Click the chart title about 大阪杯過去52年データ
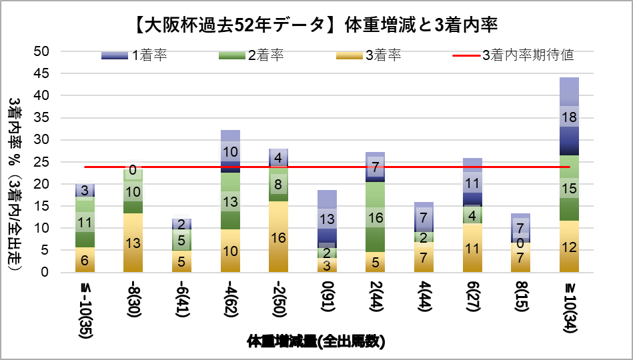pos(316,25)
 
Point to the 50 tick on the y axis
pos(43,51)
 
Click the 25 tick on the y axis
pos(43,162)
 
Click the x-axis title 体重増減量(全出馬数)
pos(316,342)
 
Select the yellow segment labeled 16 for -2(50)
pos(278,237)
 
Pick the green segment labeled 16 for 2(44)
pos(375,217)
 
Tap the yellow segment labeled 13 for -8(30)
pos(133,243)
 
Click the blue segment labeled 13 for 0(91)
pos(327,218)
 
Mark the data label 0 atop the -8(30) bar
pos(133,171)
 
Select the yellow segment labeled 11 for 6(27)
pos(472,248)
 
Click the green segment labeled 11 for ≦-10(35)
pos(85,222)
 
